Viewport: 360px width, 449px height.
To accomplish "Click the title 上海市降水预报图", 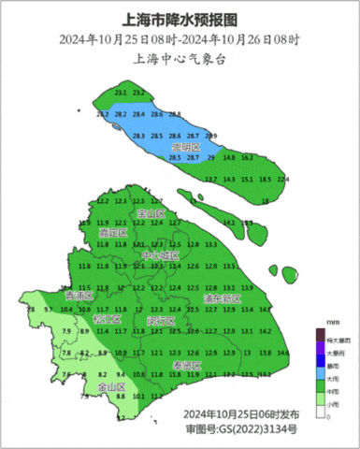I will click(x=180, y=19).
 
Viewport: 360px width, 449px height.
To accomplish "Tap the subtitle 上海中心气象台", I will click(x=180, y=59).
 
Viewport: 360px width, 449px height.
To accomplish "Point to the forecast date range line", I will click(x=180, y=39).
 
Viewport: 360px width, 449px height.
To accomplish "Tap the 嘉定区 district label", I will click(x=113, y=232).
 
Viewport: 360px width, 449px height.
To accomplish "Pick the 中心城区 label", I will click(x=159, y=256).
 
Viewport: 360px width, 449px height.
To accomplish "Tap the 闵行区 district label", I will click(x=162, y=320).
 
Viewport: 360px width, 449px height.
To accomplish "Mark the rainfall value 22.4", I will click(x=283, y=179).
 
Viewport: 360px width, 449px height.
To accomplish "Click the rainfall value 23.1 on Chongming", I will click(x=121, y=94).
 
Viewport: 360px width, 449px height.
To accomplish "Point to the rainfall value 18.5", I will click(x=265, y=179).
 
